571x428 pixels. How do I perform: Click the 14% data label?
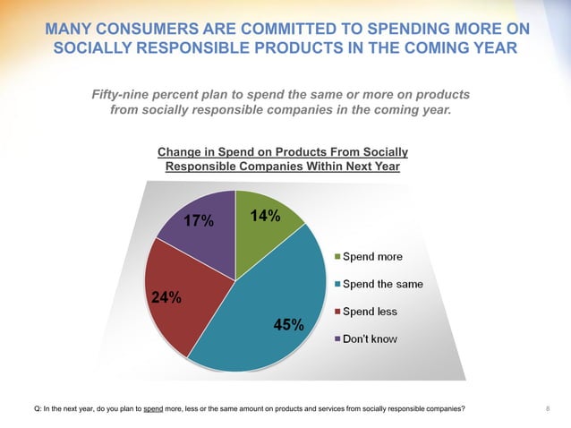tap(266, 216)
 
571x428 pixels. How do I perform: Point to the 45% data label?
tap(288, 325)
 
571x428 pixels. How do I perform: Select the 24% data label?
tap(166, 299)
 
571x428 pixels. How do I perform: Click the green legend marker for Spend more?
tap(337, 257)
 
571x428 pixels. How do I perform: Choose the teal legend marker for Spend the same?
tap(337, 285)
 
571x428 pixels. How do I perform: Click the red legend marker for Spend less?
tap(337, 312)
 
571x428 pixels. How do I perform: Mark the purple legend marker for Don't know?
tap(337, 340)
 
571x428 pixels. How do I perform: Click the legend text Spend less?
tap(371, 312)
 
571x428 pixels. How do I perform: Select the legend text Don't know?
tap(371, 340)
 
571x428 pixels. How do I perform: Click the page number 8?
tap(547, 409)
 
